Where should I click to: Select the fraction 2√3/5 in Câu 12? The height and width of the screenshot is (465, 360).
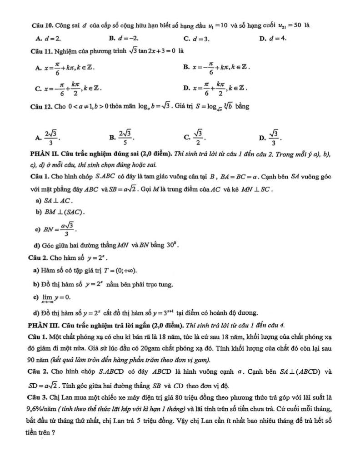pyautogui.click(x=125, y=136)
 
